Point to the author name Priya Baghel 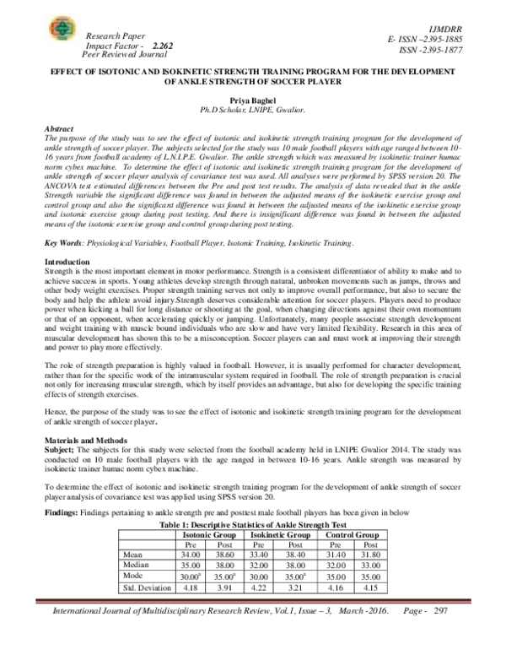[253, 99]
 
